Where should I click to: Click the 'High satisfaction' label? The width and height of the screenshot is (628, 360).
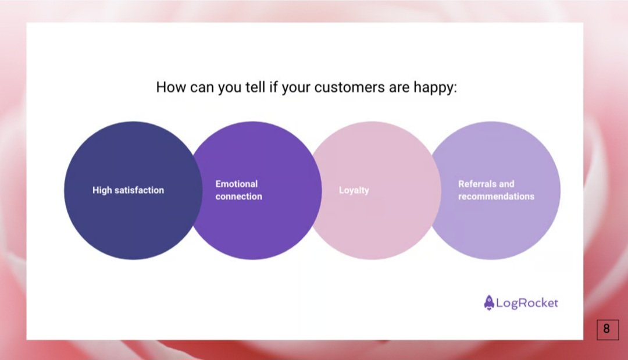(128, 190)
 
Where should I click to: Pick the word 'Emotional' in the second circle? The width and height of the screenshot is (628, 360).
(236, 184)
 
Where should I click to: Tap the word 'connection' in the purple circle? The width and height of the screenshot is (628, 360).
(238, 197)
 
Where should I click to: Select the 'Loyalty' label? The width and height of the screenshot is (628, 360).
(354, 190)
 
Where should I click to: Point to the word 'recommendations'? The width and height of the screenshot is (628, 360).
(496, 197)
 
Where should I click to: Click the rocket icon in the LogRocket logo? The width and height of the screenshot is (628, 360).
(488, 302)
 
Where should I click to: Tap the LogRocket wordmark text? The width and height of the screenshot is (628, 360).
(527, 303)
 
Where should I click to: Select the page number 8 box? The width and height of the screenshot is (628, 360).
(606, 329)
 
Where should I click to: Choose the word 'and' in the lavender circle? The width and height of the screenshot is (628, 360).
(506, 184)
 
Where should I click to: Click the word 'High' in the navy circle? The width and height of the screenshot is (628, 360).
(102, 190)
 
